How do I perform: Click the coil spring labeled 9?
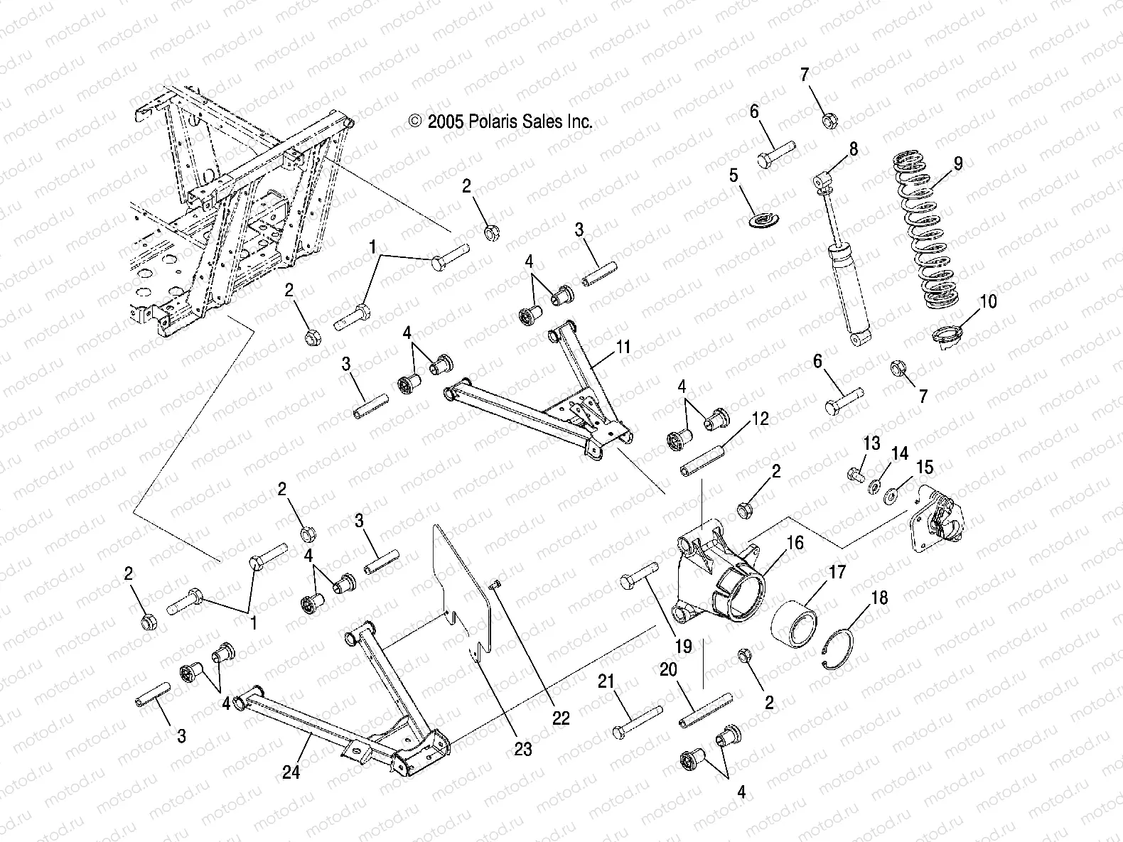click(932, 227)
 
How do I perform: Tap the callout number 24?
click(291, 772)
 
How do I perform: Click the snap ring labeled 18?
click(841, 646)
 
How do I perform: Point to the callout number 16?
click(795, 544)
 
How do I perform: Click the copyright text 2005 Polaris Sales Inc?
click(500, 122)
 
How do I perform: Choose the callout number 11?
click(623, 347)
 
